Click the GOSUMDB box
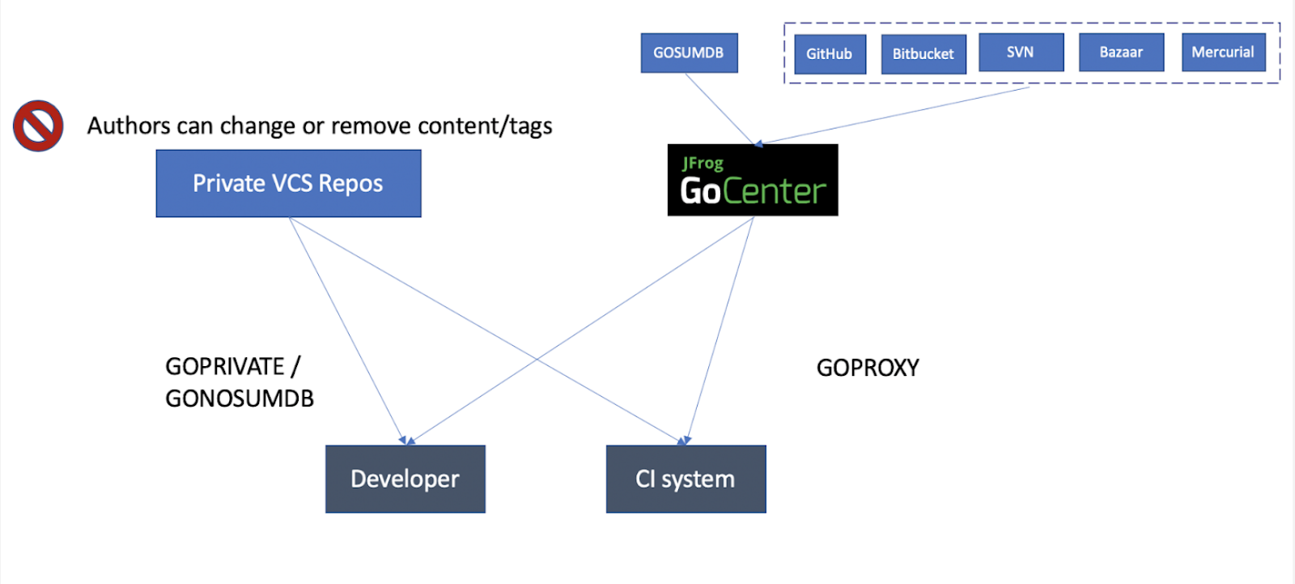pos(689,53)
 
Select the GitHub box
pos(830,54)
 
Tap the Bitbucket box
pos(923,54)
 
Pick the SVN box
pos(1021,53)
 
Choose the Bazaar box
pos(1121,53)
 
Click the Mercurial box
pos(1223,53)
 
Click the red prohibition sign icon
pos(38,126)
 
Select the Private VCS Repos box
pos(288,184)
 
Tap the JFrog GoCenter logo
pos(753,180)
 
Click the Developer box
pos(405,479)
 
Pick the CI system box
pos(686,479)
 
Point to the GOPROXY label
pos(868,368)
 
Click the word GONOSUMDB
pos(240,399)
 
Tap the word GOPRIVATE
pos(225,367)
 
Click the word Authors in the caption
pos(129,126)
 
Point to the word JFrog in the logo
pos(703,163)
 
